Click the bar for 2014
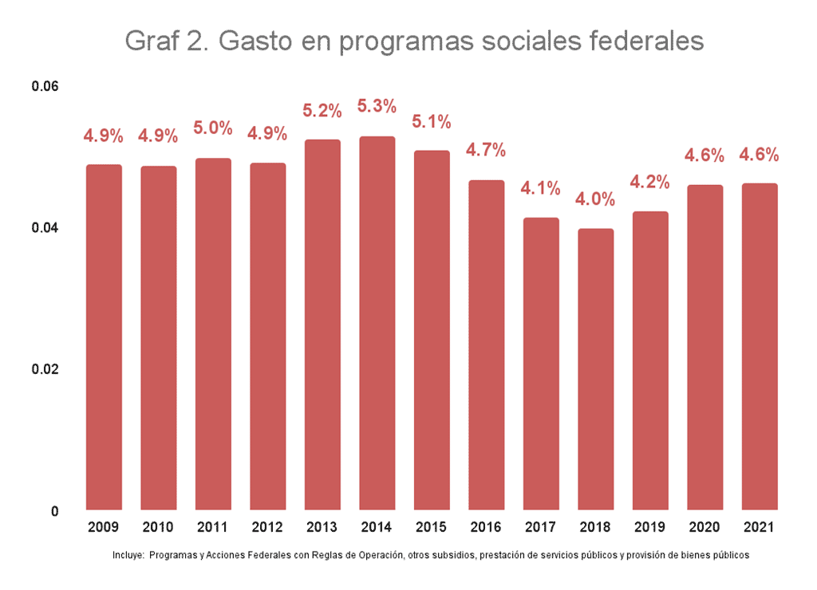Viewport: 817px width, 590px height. click(x=377, y=323)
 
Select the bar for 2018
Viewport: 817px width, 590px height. click(x=595, y=369)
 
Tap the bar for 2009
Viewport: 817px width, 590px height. click(x=104, y=337)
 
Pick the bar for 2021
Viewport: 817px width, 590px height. click(x=759, y=347)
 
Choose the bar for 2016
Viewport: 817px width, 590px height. click(x=486, y=345)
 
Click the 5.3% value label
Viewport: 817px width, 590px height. click(x=377, y=106)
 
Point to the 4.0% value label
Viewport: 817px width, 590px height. click(x=595, y=199)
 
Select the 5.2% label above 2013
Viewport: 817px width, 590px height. click(x=322, y=111)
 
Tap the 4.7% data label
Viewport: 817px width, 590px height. click(x=486, y=150)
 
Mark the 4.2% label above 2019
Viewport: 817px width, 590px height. click(x=650, y=181)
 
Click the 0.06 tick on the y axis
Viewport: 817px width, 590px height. click(x=45, y=86)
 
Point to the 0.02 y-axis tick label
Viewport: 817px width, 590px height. click(x=45, y=369)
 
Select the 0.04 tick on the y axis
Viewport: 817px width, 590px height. click(x=45, y=228)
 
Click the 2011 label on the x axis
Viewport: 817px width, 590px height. click(x=213, y=528)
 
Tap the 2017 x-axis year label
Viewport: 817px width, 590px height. click(x=541, y=528)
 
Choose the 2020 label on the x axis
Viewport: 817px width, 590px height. click(x=705, y=528)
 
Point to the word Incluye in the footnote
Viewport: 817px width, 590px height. click(x=128, y=555)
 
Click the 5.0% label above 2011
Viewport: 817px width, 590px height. click(x=213, y=128)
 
